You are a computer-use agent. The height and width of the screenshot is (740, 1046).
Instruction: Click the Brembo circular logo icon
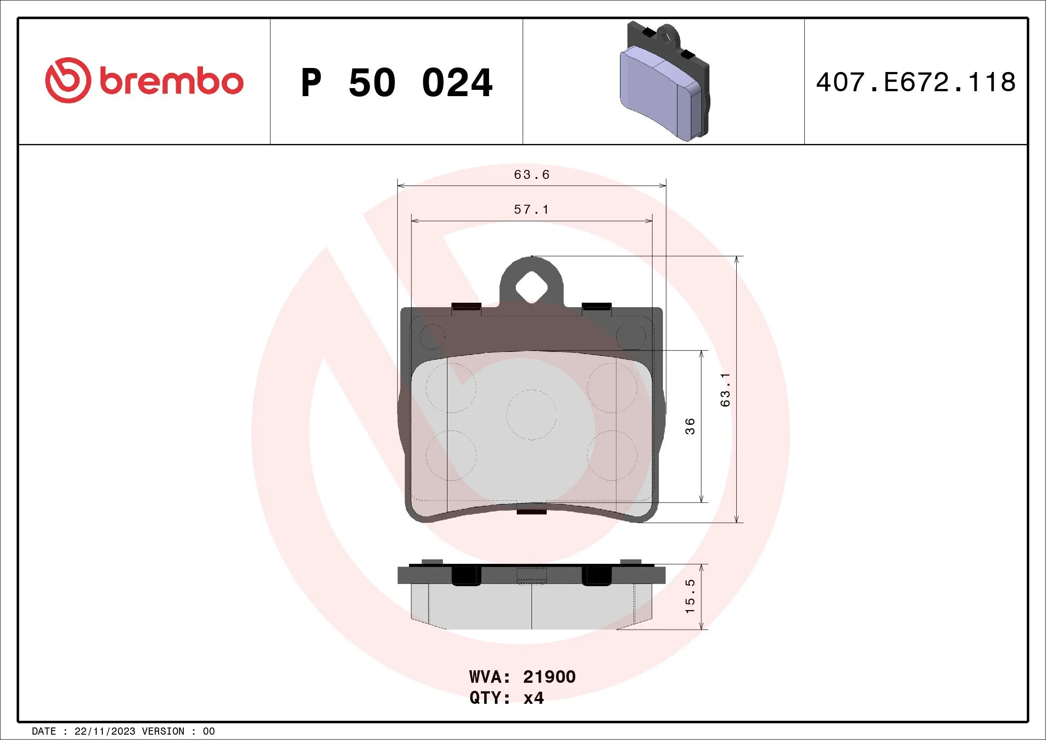click(67, 80)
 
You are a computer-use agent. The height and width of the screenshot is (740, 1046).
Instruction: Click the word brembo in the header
click(171, 81)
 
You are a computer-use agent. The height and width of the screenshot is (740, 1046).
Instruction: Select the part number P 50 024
click(396, 83)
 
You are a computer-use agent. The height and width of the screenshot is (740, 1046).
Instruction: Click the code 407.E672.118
click(916, 82)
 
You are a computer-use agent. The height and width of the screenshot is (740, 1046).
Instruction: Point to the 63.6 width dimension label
click(531, 175)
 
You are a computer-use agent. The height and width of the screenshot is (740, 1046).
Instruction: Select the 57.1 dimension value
click(531, 210)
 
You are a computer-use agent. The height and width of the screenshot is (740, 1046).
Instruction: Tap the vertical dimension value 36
click(690, 426)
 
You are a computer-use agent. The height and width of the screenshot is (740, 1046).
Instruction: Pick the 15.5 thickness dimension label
click(690, 596)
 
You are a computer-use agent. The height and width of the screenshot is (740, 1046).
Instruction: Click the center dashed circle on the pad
click(531, 414)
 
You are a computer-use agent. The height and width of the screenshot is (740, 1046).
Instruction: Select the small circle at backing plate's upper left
click(432, 337)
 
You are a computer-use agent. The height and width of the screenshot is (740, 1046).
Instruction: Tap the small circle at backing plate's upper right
click(631, 337)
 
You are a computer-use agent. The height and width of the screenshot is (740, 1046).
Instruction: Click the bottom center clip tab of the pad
click(531, 512)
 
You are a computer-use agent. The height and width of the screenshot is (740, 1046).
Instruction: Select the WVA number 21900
click(549, 677)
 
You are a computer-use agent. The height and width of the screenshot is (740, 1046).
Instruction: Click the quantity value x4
click(533, 698)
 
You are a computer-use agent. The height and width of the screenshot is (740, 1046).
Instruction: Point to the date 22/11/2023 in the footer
click(105, 732)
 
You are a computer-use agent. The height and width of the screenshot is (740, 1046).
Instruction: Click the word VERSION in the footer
click(163, 732)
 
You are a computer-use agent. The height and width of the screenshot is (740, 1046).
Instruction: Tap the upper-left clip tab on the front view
click(466, 307)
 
